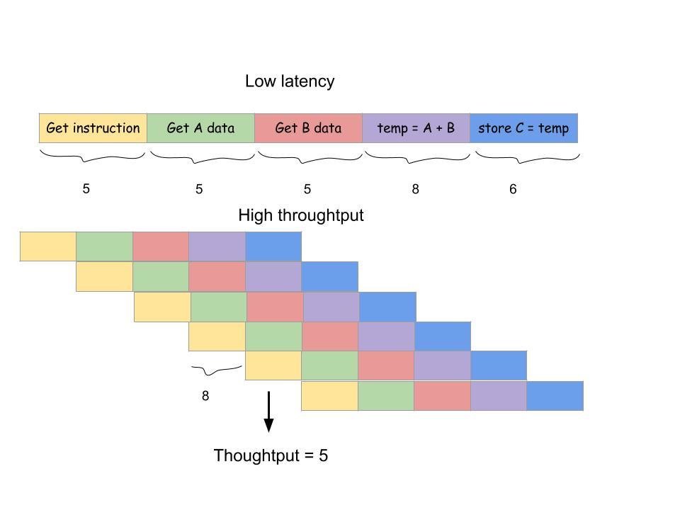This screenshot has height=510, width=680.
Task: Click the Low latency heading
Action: coord(289,81)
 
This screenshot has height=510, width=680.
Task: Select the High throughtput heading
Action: coord(300,215)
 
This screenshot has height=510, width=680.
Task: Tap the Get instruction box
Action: coord(93,128)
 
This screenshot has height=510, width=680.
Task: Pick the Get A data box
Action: coord(200,128)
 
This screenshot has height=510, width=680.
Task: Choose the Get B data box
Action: coord(308,128)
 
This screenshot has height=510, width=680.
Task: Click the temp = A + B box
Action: coord(416,128)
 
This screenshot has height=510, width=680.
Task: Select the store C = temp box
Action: coord(523,128)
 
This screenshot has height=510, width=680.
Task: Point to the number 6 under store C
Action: coord(513,189)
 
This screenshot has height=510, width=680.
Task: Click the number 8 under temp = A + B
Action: coord(415,189)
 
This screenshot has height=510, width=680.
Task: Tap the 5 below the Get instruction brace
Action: coord(86,189)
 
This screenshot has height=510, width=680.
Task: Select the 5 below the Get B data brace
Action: coord(307,189)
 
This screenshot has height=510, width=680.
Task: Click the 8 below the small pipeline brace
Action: coord(205,396)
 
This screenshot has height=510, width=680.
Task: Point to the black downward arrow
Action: coord(268,412)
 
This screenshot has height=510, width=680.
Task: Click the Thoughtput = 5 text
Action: coord(271,455)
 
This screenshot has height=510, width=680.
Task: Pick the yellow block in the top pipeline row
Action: coord(47,246)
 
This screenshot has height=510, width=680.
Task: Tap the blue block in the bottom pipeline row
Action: coord(555,396)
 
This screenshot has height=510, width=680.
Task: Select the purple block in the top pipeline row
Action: coord(217,246)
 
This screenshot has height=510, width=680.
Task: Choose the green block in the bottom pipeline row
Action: coord(386,396)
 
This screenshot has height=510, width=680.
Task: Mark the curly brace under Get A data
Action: coord(201,156)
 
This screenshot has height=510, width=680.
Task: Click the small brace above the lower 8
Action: coord(216,370)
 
